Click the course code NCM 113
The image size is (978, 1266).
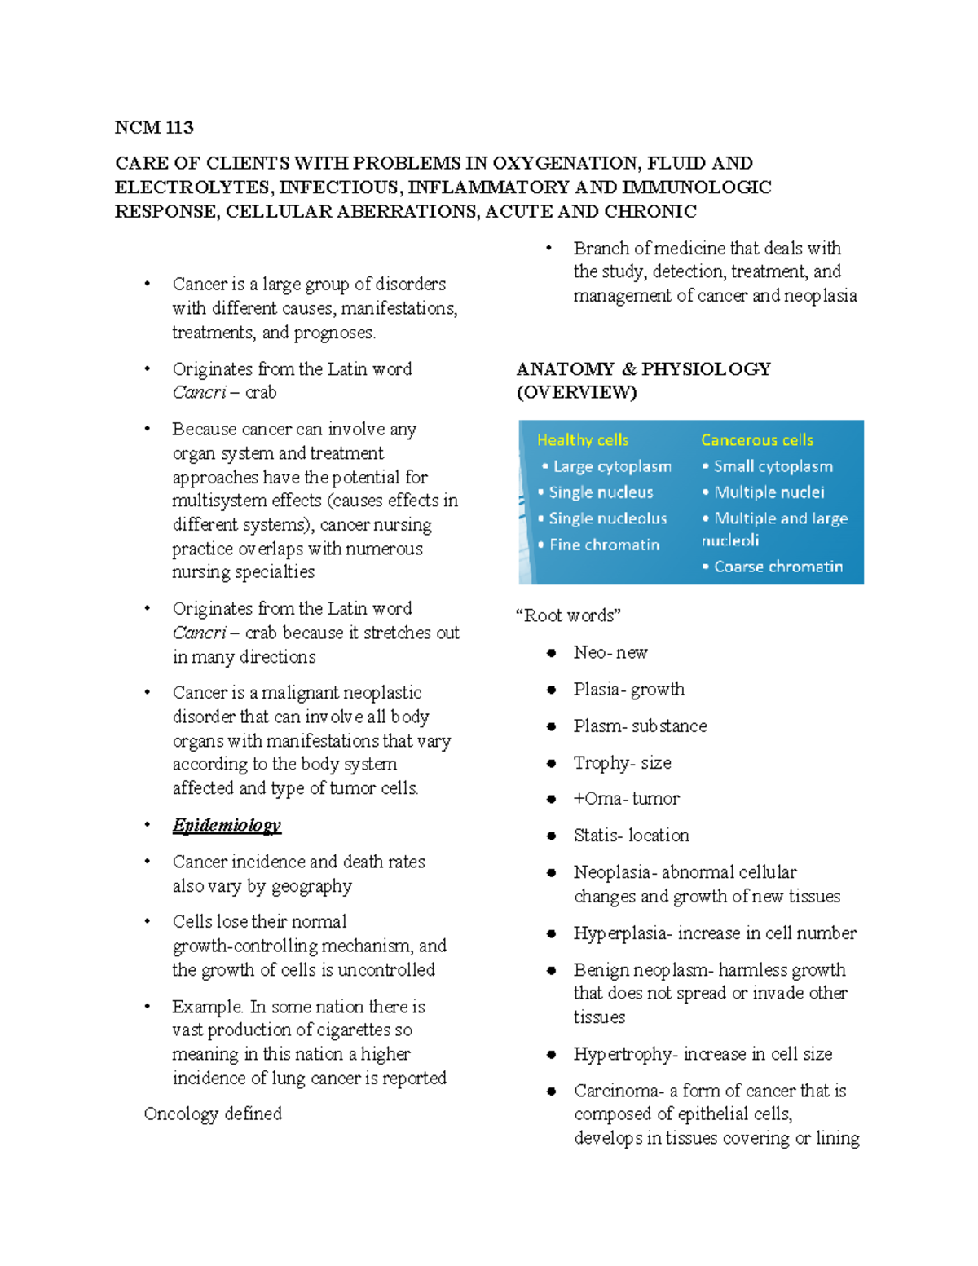point(154,127)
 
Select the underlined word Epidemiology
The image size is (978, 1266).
point(227,825)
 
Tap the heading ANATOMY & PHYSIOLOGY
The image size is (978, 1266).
point(643,369)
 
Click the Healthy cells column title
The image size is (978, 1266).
point(583,440)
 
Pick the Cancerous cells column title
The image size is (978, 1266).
point(757,440)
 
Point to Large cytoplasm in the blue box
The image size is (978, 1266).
point(612,466)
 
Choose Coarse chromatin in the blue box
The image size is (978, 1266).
point(778,567)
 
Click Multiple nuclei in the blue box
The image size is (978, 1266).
point(769,492)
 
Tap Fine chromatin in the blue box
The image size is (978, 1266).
point(604,545)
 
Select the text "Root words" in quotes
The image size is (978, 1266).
point(569,615)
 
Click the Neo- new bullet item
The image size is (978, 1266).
point(610,652)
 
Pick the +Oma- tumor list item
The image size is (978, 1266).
point(626,799)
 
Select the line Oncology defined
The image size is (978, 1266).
point(213,1114)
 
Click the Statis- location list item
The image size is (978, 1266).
point(631,836)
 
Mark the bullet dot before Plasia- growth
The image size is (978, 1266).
point(552,690)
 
